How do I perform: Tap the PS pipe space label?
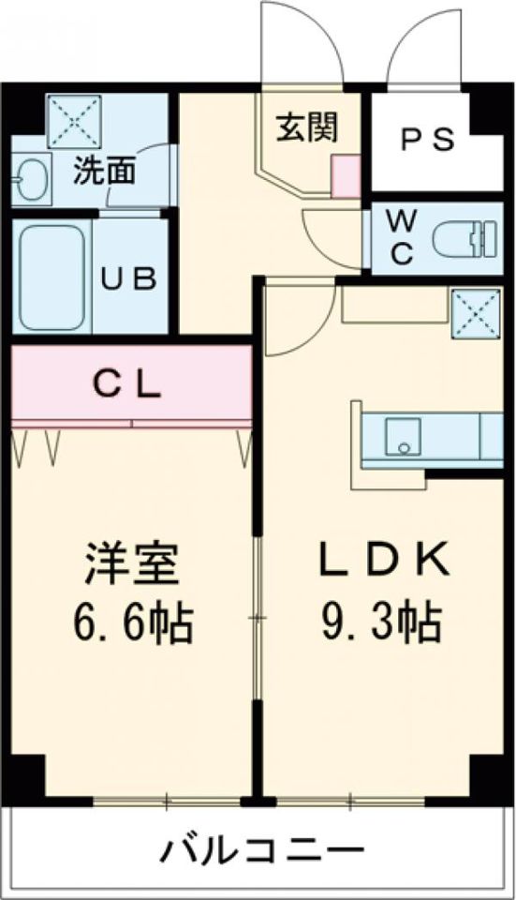point(427,139)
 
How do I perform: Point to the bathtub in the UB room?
point(52,277)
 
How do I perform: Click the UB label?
point(128,279)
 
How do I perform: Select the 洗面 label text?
point(104,171)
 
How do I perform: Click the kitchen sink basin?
point(403,436)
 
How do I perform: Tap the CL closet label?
point(127,385)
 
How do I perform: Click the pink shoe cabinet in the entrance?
point(346,175)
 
